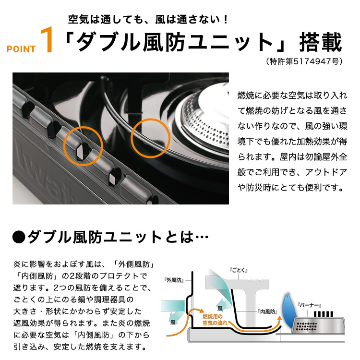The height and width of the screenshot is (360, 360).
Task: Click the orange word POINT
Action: (x=21, y=49)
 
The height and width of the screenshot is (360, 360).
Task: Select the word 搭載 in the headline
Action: (x=321, y=43)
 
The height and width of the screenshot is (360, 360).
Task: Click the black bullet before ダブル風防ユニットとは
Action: (x=18, y=237)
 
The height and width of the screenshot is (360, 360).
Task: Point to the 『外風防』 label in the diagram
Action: (x=174, y=279)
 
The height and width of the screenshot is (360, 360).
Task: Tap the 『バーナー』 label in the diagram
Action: (x=309, y=304)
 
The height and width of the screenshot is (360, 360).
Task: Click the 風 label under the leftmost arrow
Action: (x=172, y=323)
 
